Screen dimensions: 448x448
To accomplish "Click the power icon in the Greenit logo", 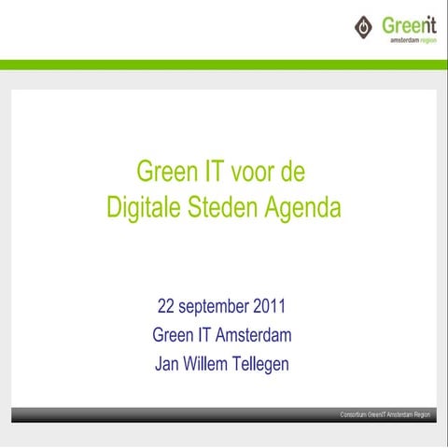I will pos(363,27).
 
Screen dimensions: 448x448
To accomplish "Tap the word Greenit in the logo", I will pos(409,24).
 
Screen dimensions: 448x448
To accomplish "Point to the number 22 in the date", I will pos(166,306).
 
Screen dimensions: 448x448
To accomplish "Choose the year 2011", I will pos(268,306).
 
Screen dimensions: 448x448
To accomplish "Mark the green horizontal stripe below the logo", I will pos(224,64).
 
